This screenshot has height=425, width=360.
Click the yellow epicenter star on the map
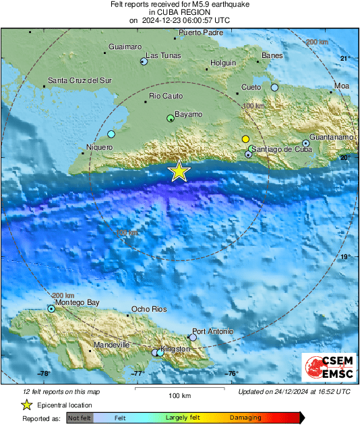(x=179, y=171)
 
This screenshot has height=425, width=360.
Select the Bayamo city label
(x=188, y=115)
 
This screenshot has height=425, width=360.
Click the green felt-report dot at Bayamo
(x=171, y=119)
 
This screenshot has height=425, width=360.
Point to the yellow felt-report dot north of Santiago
(x=246, y=139)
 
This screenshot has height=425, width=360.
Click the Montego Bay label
(x=77, y=302)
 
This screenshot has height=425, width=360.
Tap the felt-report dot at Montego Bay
(x=51, y=309)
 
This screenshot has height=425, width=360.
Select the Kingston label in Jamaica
(x=176, y=349)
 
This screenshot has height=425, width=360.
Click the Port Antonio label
(x=213, y=331)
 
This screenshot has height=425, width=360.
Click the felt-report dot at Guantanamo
(x=305, y=143)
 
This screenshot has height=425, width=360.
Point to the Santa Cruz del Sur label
(x=78, y=81)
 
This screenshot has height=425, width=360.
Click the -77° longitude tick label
(x=138, y=374)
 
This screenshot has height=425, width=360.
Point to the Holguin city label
(x=223, y=63)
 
